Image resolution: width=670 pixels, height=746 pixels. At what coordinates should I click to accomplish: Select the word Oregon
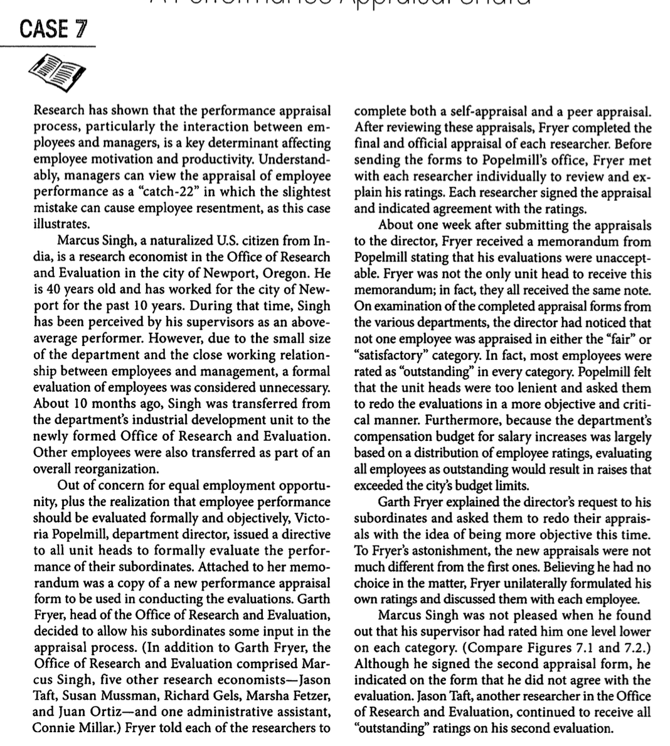tap(287, 274)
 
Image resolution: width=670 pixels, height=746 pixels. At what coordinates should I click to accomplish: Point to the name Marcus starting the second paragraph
tap(78, 241)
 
